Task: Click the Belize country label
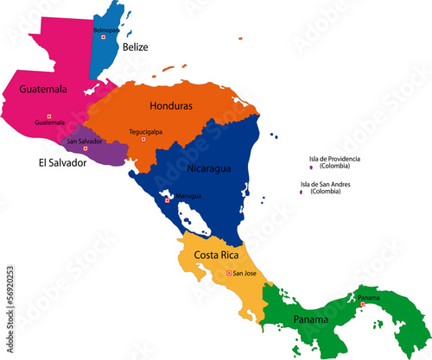134,47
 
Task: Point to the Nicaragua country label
209,168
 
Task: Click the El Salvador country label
62,161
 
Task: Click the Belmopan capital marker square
104,37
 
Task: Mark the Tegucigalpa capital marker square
143,139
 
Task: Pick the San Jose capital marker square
229,274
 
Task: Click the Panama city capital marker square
363,304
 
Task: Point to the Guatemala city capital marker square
49,117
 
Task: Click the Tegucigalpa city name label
146,131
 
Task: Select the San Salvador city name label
85,141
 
